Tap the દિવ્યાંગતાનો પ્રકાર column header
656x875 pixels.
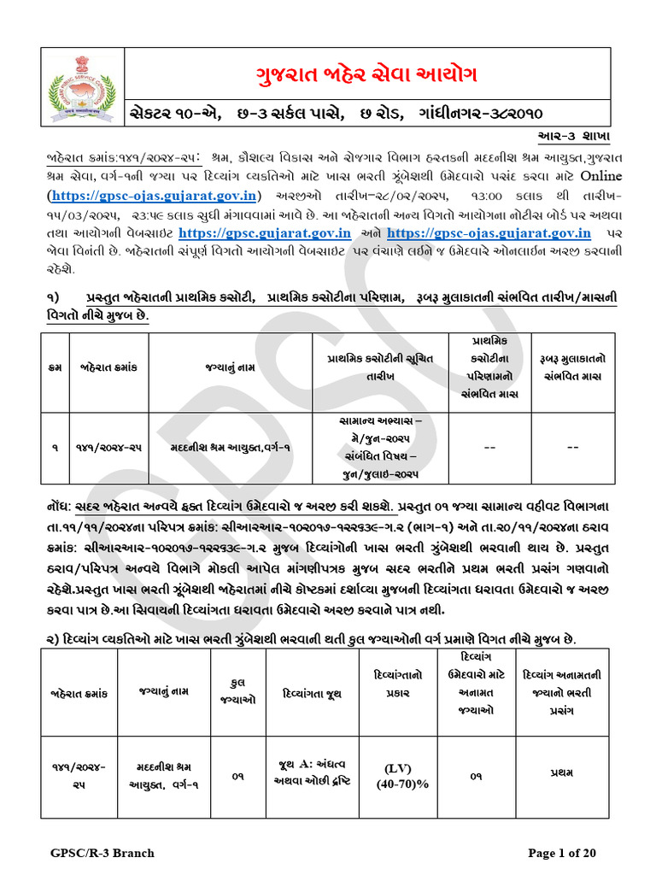click(x=395, y=688)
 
